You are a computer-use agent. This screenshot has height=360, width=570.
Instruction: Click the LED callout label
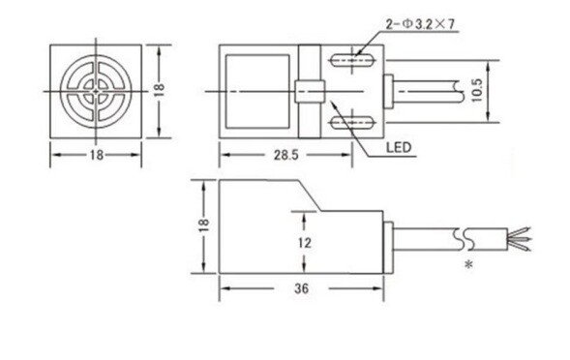[x=399, y=147]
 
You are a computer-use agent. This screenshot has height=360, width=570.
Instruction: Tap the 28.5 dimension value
[x=286, y=155]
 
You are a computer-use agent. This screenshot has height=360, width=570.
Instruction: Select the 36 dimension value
[x=301, y=288]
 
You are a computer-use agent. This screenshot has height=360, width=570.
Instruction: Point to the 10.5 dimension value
[x=478, y=91]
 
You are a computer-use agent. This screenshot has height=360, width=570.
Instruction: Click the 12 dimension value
[x=305, y=243]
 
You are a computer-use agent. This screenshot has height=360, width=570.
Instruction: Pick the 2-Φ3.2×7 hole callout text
[x=420, y=24]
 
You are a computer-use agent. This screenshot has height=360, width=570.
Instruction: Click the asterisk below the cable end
[x=469, y=264]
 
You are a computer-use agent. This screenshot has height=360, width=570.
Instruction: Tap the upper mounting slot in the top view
[x=352, y=60]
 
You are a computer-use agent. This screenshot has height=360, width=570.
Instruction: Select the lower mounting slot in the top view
[x=352, y=123]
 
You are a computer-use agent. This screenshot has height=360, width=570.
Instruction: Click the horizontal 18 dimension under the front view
[x=97, y=155]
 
